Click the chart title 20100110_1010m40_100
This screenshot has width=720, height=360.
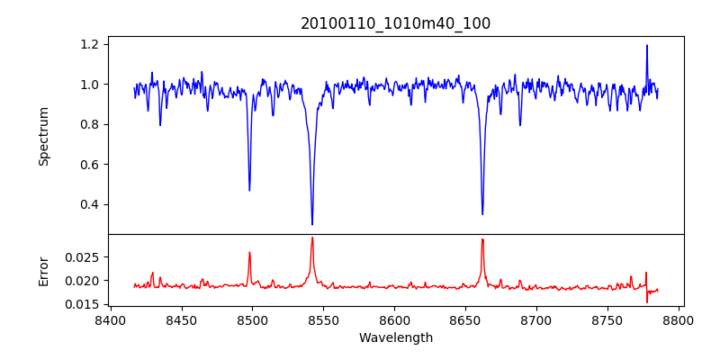pos(395,23)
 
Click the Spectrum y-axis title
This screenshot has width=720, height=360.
pos(43,136)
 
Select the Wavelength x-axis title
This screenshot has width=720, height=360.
pos(395,338)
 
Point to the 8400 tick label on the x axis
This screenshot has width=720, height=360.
pos(110,320)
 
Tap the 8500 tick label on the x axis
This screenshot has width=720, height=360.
pos(252,320)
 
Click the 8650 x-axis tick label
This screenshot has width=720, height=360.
pos(465,320)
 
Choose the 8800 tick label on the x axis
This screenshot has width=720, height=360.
pos(679,320)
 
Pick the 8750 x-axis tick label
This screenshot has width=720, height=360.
pos(607,320)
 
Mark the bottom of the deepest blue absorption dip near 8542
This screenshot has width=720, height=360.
pos(312,224)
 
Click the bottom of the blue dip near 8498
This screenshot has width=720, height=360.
pos(249,190)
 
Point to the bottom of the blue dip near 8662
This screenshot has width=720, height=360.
pos(482,214)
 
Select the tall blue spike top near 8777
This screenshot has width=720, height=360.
pos(646,46)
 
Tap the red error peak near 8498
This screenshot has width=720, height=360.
pos(249,252)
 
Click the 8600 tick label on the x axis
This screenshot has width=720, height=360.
pos(394,320)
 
